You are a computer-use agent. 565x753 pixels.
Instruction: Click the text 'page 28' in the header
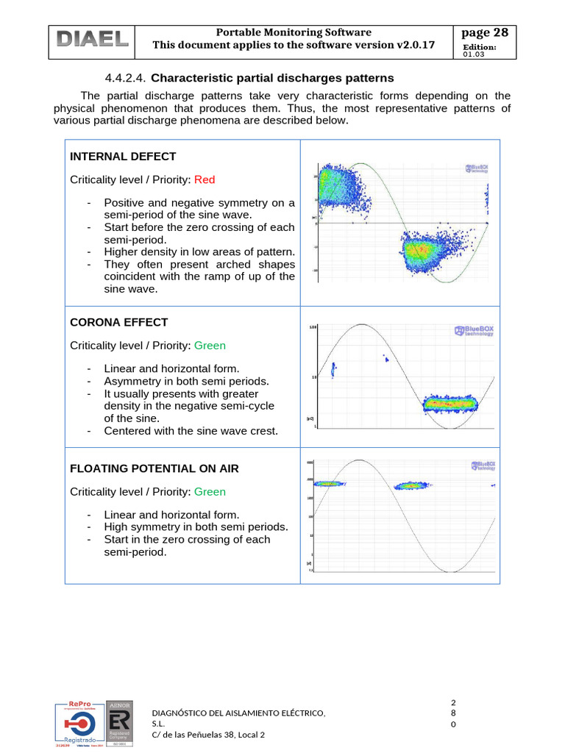coord(484,32)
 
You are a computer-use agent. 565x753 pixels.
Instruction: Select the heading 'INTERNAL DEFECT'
coord(122,157)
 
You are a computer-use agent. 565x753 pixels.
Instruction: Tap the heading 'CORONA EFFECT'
coord(118,322)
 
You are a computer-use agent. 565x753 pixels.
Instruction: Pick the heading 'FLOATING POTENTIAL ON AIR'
coord(154,468)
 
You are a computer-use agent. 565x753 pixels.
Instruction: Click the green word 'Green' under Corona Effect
coord(210,346)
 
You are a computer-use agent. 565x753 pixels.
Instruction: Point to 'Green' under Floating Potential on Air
coord(210,492)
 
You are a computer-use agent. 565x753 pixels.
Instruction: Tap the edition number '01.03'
coord(475,54)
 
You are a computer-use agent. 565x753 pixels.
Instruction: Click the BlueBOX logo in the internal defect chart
coord(477,168)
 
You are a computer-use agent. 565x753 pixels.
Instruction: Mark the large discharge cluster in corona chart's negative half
coord(449,403)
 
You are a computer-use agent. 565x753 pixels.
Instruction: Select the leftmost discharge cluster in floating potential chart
coord(324,484)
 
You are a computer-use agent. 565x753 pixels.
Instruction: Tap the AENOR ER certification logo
coord(120,724)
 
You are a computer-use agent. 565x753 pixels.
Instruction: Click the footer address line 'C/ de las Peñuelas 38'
coord(207,735)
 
